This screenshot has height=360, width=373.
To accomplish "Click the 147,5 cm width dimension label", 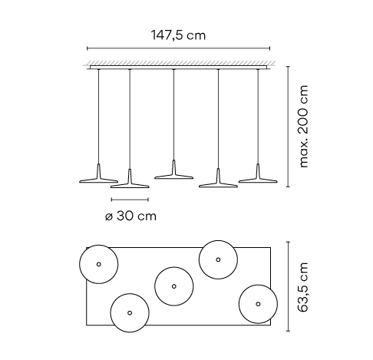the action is [178, 35].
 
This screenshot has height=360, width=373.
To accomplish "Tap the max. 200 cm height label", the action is [303, 127].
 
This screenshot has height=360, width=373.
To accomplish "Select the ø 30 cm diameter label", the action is [130, 216].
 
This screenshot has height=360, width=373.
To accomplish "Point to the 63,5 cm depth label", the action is [303, 287].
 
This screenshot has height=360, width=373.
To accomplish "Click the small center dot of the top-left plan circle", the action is [99, 264].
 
